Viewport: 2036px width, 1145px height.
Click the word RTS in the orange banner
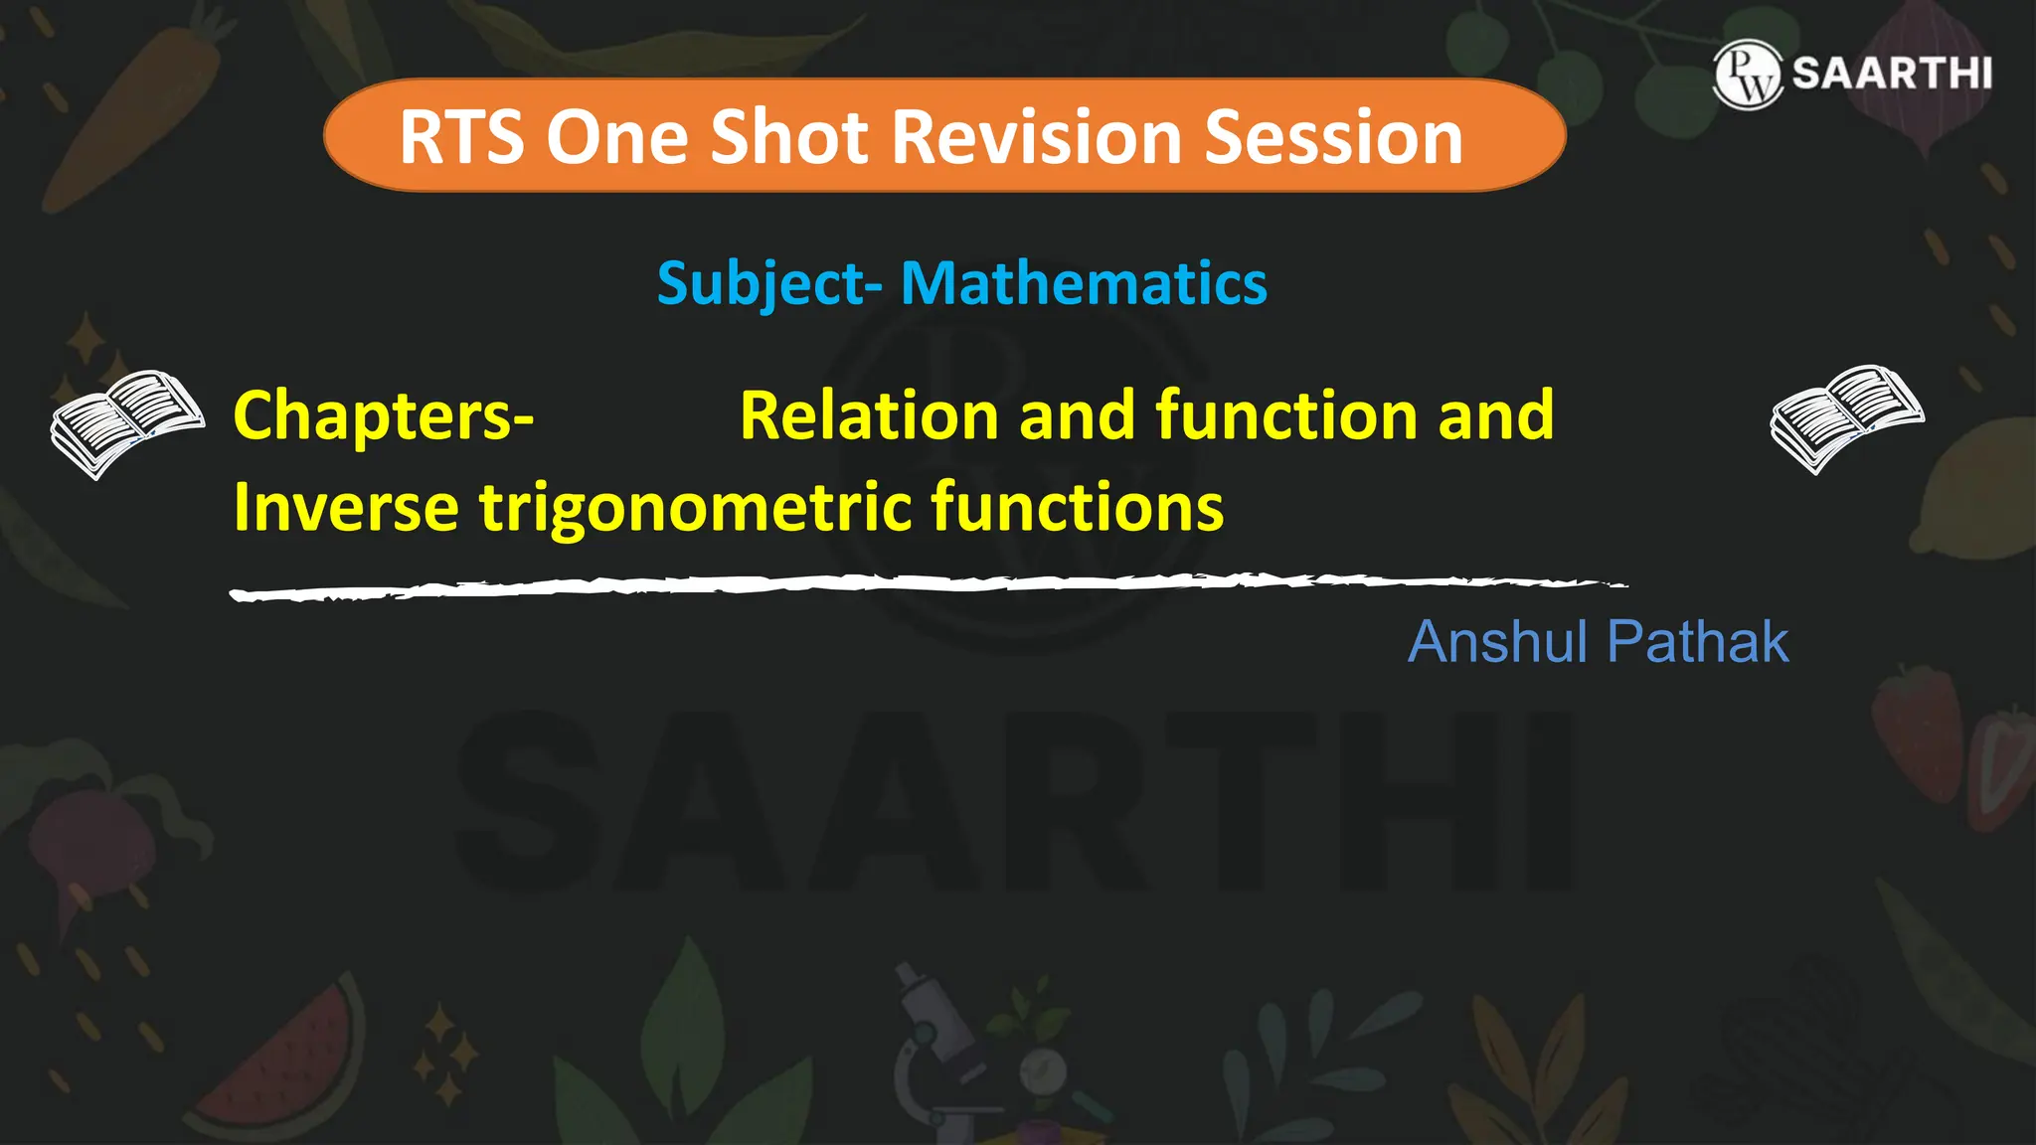click(x=460, y=137)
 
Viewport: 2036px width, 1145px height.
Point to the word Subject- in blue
click(x=768, y=284)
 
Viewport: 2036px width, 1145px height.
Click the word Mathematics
click(x=1084, y=283)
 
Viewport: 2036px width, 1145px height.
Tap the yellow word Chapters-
click(x=384, y=415)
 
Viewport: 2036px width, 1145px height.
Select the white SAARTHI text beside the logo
click(x=1892, y=74)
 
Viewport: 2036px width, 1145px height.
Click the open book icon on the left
click(x=126, y=422)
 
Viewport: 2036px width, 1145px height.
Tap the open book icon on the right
click(x=1846, y=417)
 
